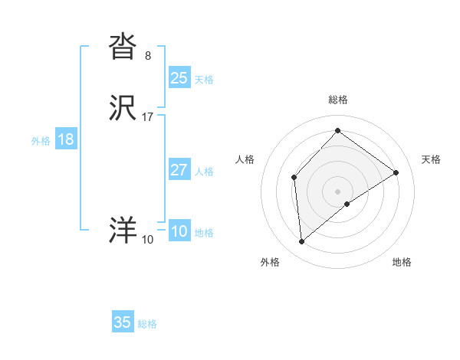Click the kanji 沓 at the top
click(x=123, y=47)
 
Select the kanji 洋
click(x=123, y=231)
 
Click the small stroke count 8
click(x=147, y=55)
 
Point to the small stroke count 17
click(x=148, y=117)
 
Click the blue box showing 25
click(x=179, y=77)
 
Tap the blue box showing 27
click(x=179, y=170)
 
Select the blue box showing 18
click(x=66, y=139)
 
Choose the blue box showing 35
click(x=123, y=322)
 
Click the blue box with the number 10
click(x=179, y=231)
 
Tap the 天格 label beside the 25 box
click(x=204, y=80)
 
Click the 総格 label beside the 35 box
click(x=147, y=325)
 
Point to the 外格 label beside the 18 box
click(x=41, y=141)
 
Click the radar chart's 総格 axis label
click(x=338, y=100)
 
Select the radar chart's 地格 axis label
click(x=402, y=263)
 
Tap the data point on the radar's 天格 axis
click(x=396, y=172)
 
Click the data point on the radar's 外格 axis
click(x=302, y=242)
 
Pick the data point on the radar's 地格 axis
click(x=347, y=204)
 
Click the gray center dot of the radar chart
click(x=338, y=191)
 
